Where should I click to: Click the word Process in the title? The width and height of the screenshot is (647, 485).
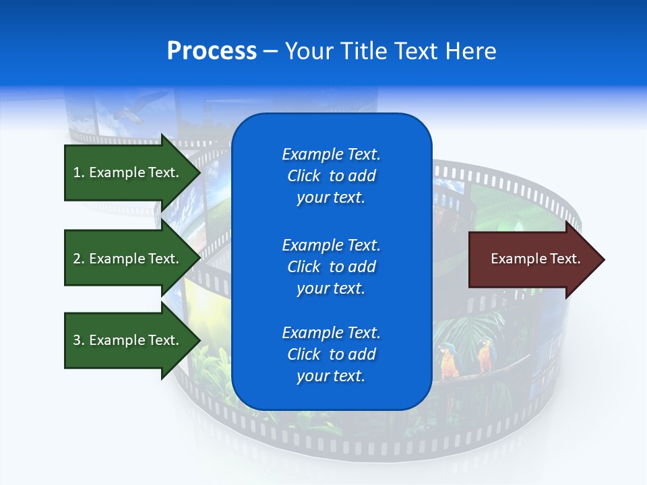[x=212, y=51]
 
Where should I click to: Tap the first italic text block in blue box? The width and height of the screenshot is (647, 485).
[x=331, y=176]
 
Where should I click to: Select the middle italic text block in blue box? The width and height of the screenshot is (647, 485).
[x=331, y=267]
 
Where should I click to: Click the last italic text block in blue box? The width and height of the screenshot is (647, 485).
[x=331, y=354]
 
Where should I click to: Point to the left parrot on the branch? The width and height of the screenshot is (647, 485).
[x=447, y=360]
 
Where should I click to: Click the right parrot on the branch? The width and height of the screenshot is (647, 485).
[x=485, y=355]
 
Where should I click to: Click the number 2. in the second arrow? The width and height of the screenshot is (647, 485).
[x=78, y=259]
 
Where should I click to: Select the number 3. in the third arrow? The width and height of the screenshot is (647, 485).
[x=78, y=341]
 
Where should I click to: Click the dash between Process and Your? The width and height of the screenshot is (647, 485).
[x=271, y=52]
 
